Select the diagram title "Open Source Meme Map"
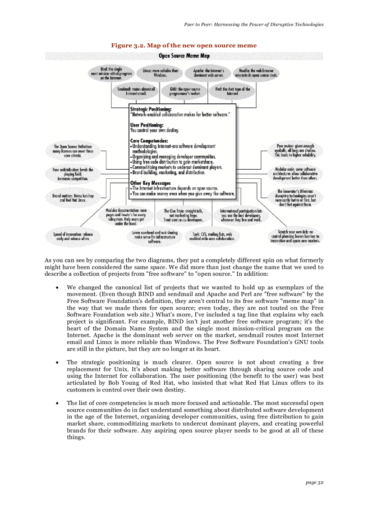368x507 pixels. coord(184,56)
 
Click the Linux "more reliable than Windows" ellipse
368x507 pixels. coord(160,73)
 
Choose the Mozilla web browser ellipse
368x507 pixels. coord(255,73)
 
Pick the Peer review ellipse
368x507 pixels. coord(295,150)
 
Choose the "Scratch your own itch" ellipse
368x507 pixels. coord(295,236)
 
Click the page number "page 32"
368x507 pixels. coord(314,483)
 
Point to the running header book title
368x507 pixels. coord(253,24)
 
